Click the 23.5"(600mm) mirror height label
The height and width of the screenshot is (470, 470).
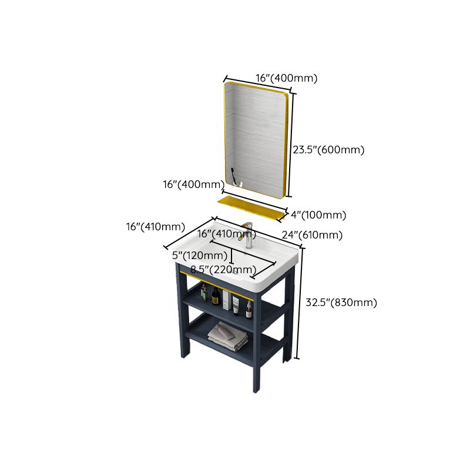click(329, 150)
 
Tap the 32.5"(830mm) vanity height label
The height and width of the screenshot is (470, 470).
click(341, 303)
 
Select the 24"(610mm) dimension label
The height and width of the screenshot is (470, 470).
click(312, 235)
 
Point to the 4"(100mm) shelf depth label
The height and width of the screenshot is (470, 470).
click(318, 214)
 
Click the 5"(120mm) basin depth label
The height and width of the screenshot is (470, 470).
click(200, 256)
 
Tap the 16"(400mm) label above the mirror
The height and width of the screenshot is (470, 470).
click(286, 78)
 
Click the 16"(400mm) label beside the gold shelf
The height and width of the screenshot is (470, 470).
click(190, 184)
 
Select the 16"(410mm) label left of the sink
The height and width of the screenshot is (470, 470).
click(156, 227)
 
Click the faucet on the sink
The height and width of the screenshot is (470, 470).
click(249, 235)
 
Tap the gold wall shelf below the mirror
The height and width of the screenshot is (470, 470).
click(250, 207)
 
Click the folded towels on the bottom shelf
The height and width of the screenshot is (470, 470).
click(228, 335)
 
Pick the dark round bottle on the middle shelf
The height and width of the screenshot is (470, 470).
click(216, 297)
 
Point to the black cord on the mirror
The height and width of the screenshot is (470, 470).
click(233, 176)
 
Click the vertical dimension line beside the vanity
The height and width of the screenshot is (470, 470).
click(300, 303)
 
